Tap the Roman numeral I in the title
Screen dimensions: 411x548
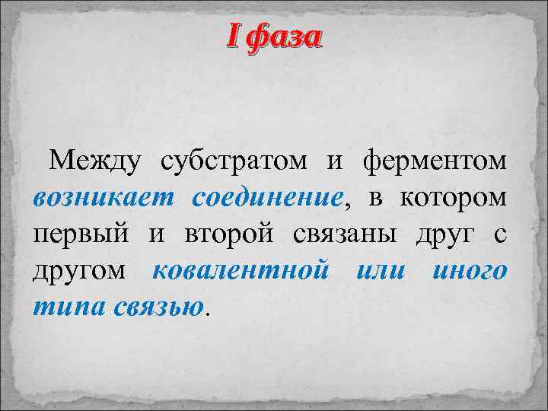pos(234,36)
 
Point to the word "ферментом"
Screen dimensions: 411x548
pos(434,162)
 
